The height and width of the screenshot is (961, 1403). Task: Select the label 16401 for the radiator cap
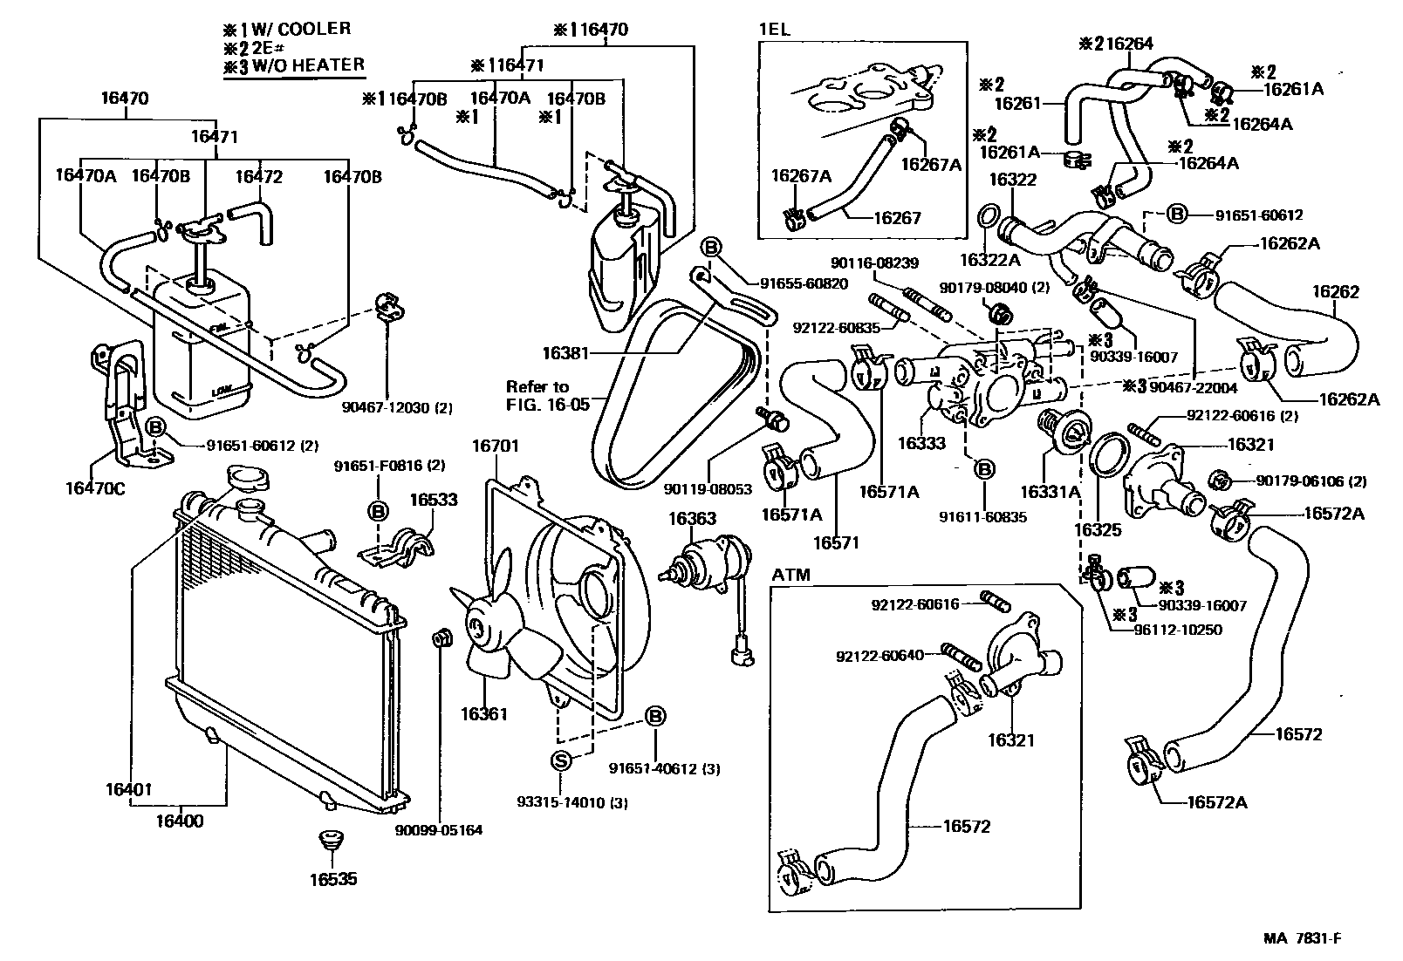(x=128, y=790)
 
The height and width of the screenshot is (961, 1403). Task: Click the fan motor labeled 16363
(x=713, y=559)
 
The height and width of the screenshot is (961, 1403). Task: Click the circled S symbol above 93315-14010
(x=561, y=760)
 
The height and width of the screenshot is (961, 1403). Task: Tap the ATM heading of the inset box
(x=791, y=575)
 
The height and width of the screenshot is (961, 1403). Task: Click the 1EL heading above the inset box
(x=774, y=28)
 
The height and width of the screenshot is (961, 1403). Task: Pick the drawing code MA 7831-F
(x=1302, y=938)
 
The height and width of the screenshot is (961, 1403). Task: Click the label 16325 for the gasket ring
(x=1097, y=530)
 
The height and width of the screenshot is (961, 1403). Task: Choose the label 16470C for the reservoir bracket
(x=94, y=487)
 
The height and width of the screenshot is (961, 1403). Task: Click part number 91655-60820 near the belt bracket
(x=804, y=283)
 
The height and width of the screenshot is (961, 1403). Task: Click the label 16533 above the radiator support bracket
(x=433, y=500)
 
